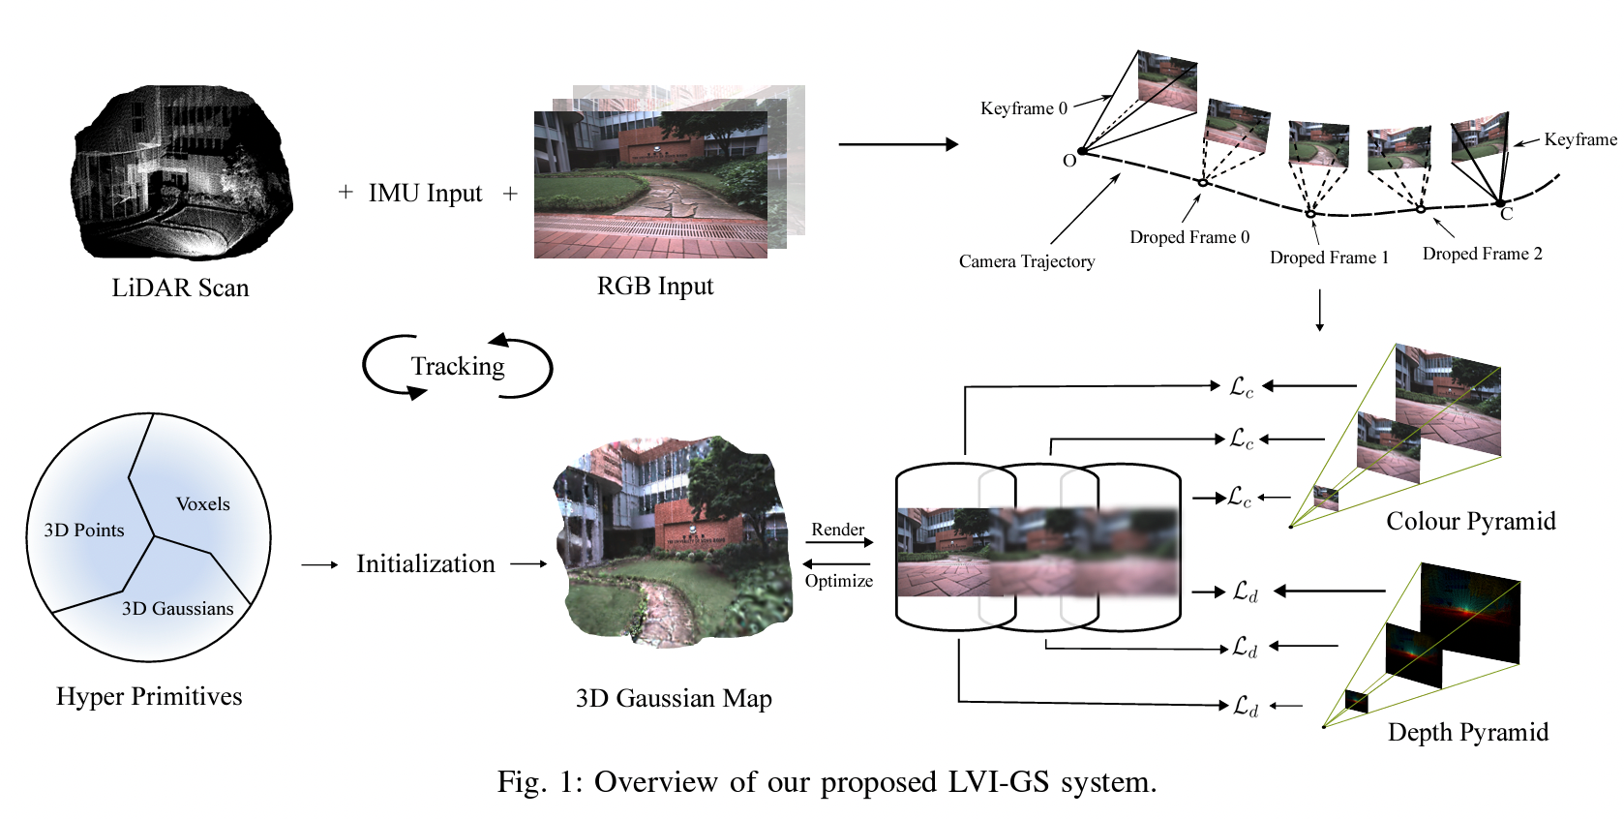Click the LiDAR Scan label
pos(180,288)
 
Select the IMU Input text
pos(425,194)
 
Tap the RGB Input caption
pos(655,287)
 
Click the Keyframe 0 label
pos(1023,108)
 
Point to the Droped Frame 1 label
pos(1329,258)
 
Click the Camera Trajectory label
pos(1027,261)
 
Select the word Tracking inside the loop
pos(458,367)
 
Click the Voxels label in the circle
pos(203,504)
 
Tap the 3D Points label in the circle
pos(84,531)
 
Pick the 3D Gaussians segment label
pos(177,609)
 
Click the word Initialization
pos(425,564)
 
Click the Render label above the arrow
pos(837,530)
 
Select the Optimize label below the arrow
pos(839,581)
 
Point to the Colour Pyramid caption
pos(1470,522)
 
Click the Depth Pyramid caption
pos(1467,733)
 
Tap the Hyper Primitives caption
pos(149,697)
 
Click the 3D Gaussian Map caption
pos(674,699)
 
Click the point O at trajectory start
pos(1069,161)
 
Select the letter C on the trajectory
pos(1506,214)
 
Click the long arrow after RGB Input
pos(897,144)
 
